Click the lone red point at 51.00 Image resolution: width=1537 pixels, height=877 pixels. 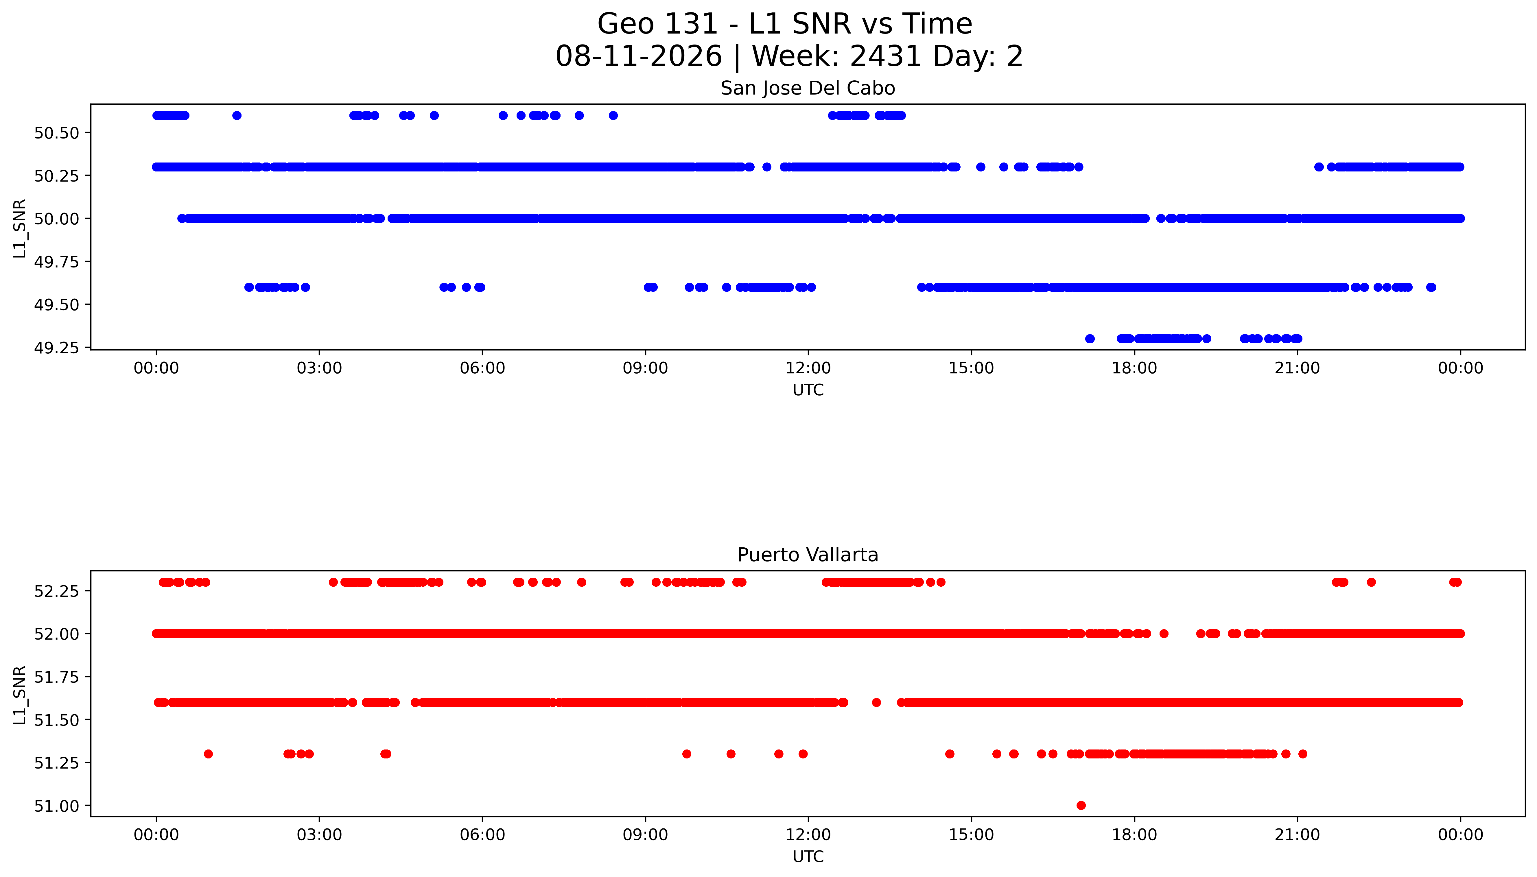pos(1081,805)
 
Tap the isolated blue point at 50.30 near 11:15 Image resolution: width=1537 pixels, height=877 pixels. pos(766,167)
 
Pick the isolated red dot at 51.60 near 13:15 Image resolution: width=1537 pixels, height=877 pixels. pos(877,702)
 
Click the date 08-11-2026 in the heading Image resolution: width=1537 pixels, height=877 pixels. pos(639,57)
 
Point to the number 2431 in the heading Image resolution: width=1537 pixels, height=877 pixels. pos(886,57)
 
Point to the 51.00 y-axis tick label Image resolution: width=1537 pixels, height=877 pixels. pos(57,806)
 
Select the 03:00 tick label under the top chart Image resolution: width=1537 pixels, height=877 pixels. pos(319,368)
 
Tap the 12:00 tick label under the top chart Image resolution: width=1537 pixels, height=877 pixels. pos(808,368)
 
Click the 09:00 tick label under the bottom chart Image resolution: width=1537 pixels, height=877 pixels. pos(645,835)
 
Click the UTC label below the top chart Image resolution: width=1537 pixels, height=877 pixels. pos(808,390)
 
